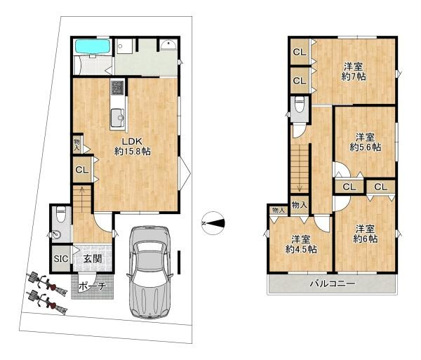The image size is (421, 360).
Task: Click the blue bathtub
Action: click(x=93, y=46)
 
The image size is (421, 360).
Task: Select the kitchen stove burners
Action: click(x=118, y=88)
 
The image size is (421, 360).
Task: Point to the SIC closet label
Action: click(x=61, y=259)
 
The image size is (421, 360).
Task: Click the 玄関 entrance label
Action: click(x=93, y=259)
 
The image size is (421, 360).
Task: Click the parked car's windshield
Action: click(x=149, y=259)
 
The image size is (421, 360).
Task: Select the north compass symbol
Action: click(x=213, y=223)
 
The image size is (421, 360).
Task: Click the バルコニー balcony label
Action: click(x=333, y=284)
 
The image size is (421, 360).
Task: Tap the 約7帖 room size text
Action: click(x=354, y=76)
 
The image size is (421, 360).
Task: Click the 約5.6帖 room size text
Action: click(x=365, y=147)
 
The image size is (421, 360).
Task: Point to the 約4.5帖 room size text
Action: click(x=301, y=250)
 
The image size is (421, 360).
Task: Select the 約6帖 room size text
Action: click(x=365, y=239)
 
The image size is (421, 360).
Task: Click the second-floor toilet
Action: click(x=299, y=105)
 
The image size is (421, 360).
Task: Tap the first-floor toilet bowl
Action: click(x=61, y=215)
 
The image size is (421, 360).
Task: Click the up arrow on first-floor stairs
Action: click(x=82, y=192)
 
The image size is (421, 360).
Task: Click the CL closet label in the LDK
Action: click(x=82, y=170)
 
